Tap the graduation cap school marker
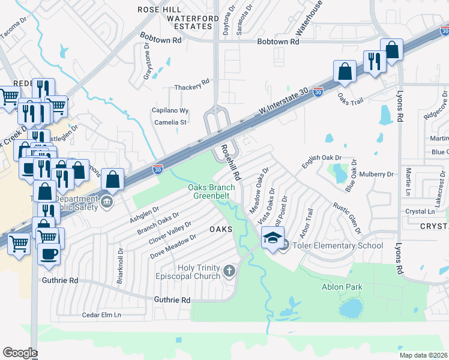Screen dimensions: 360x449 (x=273, y=239)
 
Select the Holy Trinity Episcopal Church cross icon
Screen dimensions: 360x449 (x=228, y=272)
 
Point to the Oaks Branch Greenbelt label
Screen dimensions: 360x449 (x=211, y=191)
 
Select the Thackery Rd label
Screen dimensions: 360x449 (x=191, y=87)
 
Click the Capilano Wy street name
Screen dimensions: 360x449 (x=170, y=111)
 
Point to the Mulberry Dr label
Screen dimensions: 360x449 (x=377, y=175)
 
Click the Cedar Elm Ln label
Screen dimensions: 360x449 (x=101, y=314)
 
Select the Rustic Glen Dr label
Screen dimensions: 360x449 (x=348, y=217)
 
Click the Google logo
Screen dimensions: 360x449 (x=20, y=353)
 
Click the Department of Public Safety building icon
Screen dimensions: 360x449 (x=107, y=200)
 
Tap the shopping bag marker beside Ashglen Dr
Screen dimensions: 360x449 (x=113, y=178)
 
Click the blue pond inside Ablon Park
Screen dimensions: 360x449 (x=351, y=308)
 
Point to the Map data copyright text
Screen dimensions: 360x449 (x=424, y=355)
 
